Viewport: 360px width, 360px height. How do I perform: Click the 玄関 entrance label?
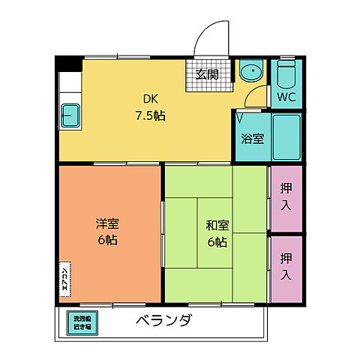point(207,73)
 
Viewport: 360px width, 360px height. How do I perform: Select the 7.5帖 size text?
point(150,116)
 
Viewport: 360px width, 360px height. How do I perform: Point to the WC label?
point(286,97)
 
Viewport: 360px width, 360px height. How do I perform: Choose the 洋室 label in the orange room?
point(106,223)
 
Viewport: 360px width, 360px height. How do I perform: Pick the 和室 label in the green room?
point(217,224)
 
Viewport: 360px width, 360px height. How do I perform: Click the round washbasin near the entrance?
point(250,73)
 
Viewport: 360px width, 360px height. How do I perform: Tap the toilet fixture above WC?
point(286,73)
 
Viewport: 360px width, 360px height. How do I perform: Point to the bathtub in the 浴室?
point(286,137)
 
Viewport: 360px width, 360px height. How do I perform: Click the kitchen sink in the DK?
point(71,115)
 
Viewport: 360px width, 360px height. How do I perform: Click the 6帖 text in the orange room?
point(106,241)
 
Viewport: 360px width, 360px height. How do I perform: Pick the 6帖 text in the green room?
point(217,241)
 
